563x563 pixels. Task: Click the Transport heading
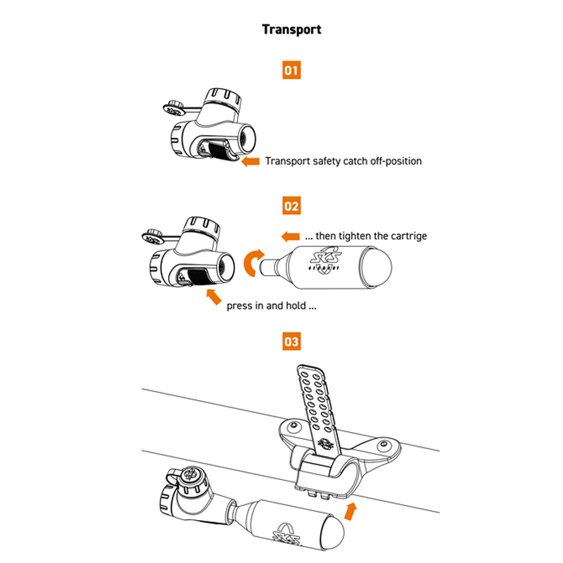(x=291, y=30)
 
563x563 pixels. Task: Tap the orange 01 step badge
(x=291, y=70)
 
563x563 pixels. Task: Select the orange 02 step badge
(x=291, y=206)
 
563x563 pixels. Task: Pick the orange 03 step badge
(x=291, y=342)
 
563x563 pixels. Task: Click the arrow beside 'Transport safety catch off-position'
(x=250, y=161)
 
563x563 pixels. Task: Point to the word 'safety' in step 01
(x=327, y=161)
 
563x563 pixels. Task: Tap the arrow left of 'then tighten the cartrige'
(x=289, y=235)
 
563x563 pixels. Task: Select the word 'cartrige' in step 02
(x=407, y=236)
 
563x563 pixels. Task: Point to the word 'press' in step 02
(x=240, y=307)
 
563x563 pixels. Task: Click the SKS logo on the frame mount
(x=324, y=444)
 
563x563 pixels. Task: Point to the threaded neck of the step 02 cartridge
(x=270, y=267)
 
